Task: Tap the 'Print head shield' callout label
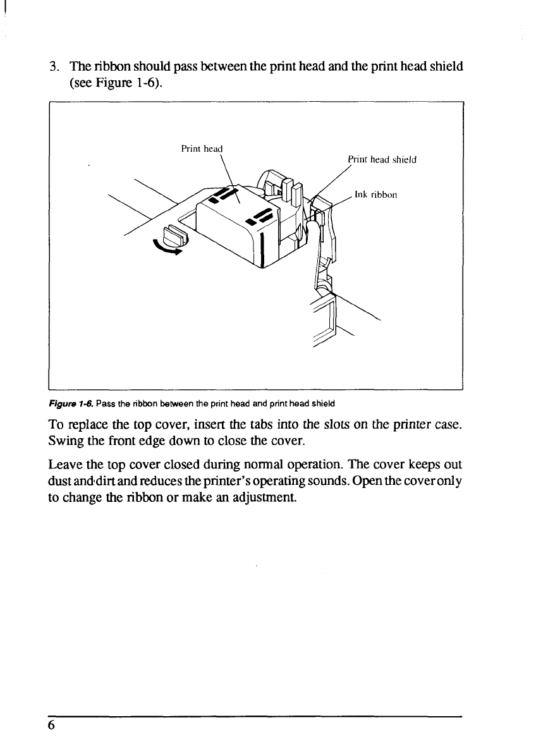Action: point(382,160)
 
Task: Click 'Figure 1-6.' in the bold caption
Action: point(66,402)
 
